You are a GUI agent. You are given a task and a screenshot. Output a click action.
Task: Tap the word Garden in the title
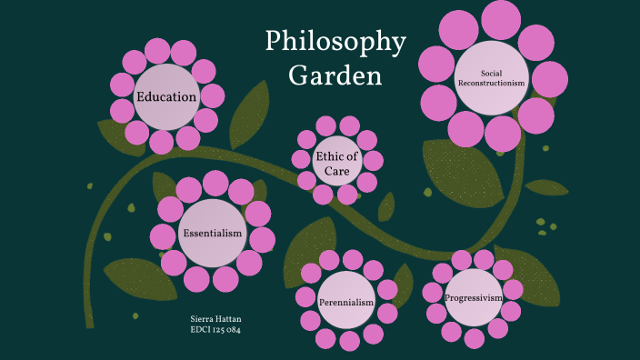pos(335,75)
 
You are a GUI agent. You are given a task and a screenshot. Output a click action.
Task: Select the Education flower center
pos(166,96)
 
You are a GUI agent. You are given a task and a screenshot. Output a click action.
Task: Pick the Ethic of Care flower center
pos(336,164)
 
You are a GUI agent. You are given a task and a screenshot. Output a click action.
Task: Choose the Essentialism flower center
pos(213,234)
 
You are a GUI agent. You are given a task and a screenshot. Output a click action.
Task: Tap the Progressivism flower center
pos(473,297)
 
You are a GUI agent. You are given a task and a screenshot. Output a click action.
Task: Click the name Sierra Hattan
pos(215,320)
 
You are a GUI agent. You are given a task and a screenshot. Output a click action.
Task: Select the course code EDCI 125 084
pos(215,330)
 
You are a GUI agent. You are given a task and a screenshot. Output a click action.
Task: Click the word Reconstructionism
pos(492,83)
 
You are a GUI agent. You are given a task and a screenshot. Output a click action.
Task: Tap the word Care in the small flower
pos(336,171)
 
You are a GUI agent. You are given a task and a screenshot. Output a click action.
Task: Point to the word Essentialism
pos(213,234)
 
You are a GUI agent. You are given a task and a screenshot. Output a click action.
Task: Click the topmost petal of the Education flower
pos(159,51)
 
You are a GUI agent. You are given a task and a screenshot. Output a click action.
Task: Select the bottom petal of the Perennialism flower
pos(350,342)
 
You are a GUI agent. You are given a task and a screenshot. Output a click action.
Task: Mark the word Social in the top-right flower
pos(492,73)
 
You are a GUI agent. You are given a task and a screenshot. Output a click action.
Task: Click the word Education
pos(166,96)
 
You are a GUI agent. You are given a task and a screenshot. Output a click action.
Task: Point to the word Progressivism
pos(473,297)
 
